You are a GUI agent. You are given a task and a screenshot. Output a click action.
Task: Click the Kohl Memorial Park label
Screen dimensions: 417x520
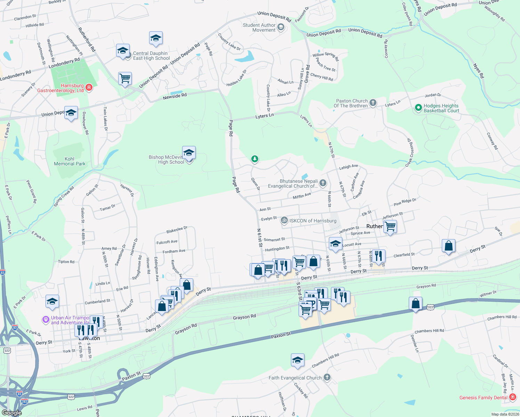70,161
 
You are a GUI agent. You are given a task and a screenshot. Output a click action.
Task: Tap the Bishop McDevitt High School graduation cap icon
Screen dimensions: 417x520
189,153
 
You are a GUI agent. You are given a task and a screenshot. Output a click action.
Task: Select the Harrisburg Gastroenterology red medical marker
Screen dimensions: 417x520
89,87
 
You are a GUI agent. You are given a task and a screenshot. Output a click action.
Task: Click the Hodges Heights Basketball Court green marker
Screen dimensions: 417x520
419,108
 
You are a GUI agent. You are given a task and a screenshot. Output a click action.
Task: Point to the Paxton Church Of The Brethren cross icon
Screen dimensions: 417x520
373,103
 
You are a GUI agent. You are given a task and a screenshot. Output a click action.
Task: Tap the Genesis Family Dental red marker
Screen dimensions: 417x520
512,397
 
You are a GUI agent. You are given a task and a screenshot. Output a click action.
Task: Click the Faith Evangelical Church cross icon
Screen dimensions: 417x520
327,377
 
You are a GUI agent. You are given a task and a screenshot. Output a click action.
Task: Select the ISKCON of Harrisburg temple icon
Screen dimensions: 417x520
284,220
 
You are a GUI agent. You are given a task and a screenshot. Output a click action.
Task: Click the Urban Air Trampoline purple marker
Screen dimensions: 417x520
46,319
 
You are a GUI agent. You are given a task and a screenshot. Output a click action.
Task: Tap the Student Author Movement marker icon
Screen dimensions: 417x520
281,27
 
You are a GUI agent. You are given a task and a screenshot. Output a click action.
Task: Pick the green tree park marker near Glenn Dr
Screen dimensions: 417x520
255,159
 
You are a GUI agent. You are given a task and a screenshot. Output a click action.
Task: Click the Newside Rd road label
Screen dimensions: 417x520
175,96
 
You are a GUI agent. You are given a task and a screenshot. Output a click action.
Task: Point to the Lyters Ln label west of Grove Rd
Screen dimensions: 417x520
265,116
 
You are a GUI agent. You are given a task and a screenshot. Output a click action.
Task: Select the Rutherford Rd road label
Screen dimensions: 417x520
87,40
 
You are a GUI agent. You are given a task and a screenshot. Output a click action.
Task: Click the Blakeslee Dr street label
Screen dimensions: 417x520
177,230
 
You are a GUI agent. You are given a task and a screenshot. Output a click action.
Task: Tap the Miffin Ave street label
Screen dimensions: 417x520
302,196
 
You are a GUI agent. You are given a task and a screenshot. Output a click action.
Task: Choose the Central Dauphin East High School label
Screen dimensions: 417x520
151,56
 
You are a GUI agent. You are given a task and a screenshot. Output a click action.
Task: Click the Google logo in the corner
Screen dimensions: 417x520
11,412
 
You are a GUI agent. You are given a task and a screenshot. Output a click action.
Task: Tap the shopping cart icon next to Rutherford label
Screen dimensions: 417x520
390,226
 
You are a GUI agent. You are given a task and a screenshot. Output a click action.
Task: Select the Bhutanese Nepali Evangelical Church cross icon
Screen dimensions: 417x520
323,183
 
